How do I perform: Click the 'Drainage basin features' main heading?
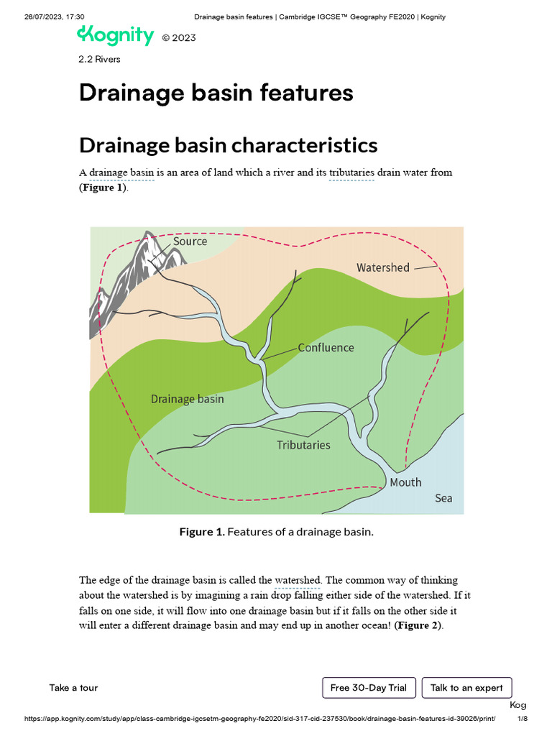[x=216, y=93]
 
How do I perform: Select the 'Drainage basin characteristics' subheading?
[x=228, y=145]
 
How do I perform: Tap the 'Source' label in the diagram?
[x=190, y=241]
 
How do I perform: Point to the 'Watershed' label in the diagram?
[x=382, y=267]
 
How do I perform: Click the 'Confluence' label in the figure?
[x=326, y=347]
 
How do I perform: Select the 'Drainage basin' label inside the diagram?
[x=187, y=399]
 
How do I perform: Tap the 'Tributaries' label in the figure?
[x=303, y=445]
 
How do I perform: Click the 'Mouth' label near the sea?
[x=405, y=482]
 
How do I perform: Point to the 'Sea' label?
[x=443, y=498]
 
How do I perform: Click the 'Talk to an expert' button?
[x=466, y=688]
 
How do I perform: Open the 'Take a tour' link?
[x=73, y=688]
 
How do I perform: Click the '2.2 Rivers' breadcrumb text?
[x=99, y=59]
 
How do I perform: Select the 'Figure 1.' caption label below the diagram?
[x=202, y=532]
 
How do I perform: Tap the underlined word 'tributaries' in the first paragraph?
[x=351, y=173]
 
